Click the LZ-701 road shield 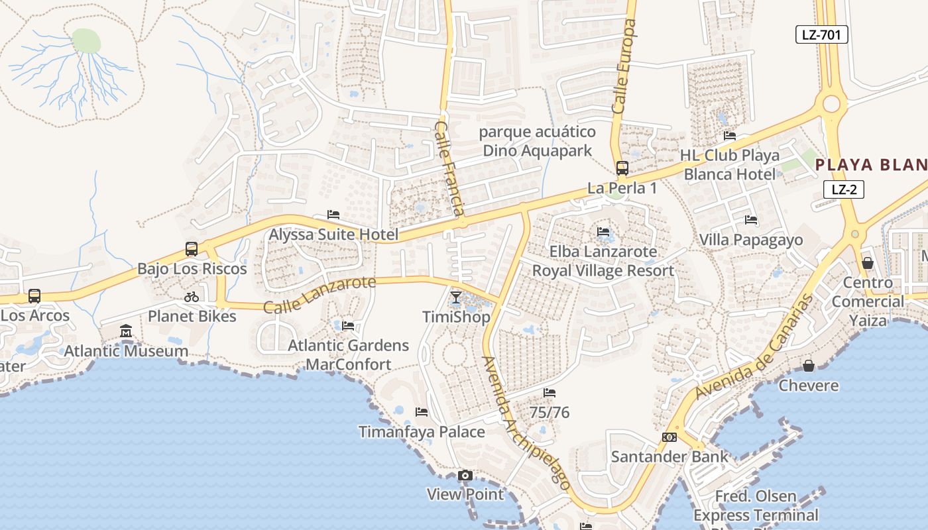click(x=821, y=34)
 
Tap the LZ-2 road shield click(x=844, y=189)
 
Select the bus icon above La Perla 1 click(x=622, y=168)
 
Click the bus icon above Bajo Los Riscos click(x=192, y=249)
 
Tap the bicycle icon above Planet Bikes click(x=192, y=297)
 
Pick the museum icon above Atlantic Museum click(x=126, y=331)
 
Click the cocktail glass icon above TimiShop click(x=456, y=297)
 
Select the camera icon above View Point click(x=465, y=475)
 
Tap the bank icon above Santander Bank click(x=669, y=437)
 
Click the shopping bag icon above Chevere click(x=808, y=366)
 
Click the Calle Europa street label click(x=624, y=66)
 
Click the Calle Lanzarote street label click(x=319, y=295)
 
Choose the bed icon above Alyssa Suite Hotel click(x=333, y=215)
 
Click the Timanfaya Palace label click(x=422, y=432)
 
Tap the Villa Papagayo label click(x=751, y=240)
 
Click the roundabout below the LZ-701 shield click(x=831, y=104)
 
